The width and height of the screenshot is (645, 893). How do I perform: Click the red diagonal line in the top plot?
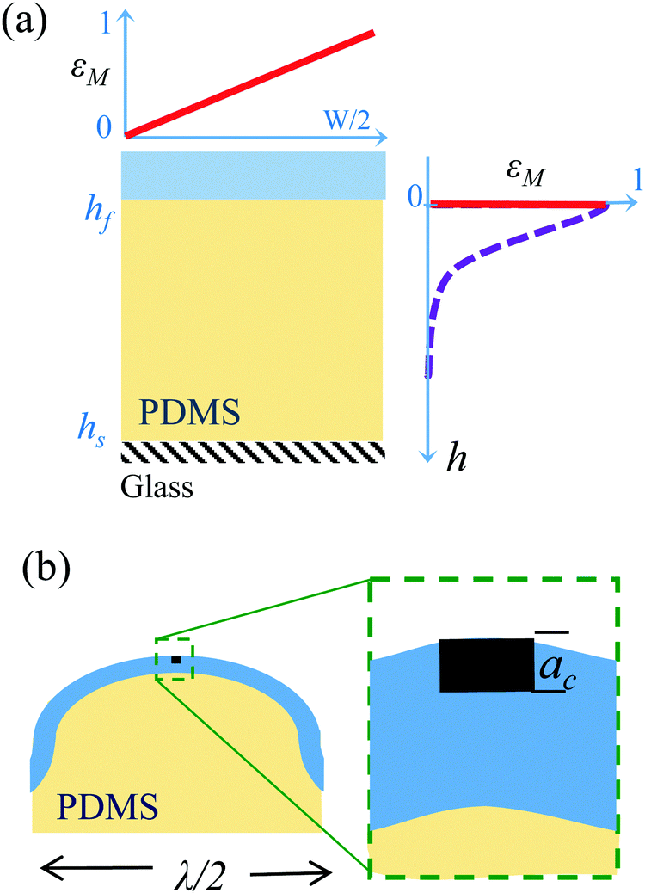pos(249,83)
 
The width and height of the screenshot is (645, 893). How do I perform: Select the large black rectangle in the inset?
pos(486,665)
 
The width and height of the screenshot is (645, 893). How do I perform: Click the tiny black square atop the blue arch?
pos(175,660)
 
